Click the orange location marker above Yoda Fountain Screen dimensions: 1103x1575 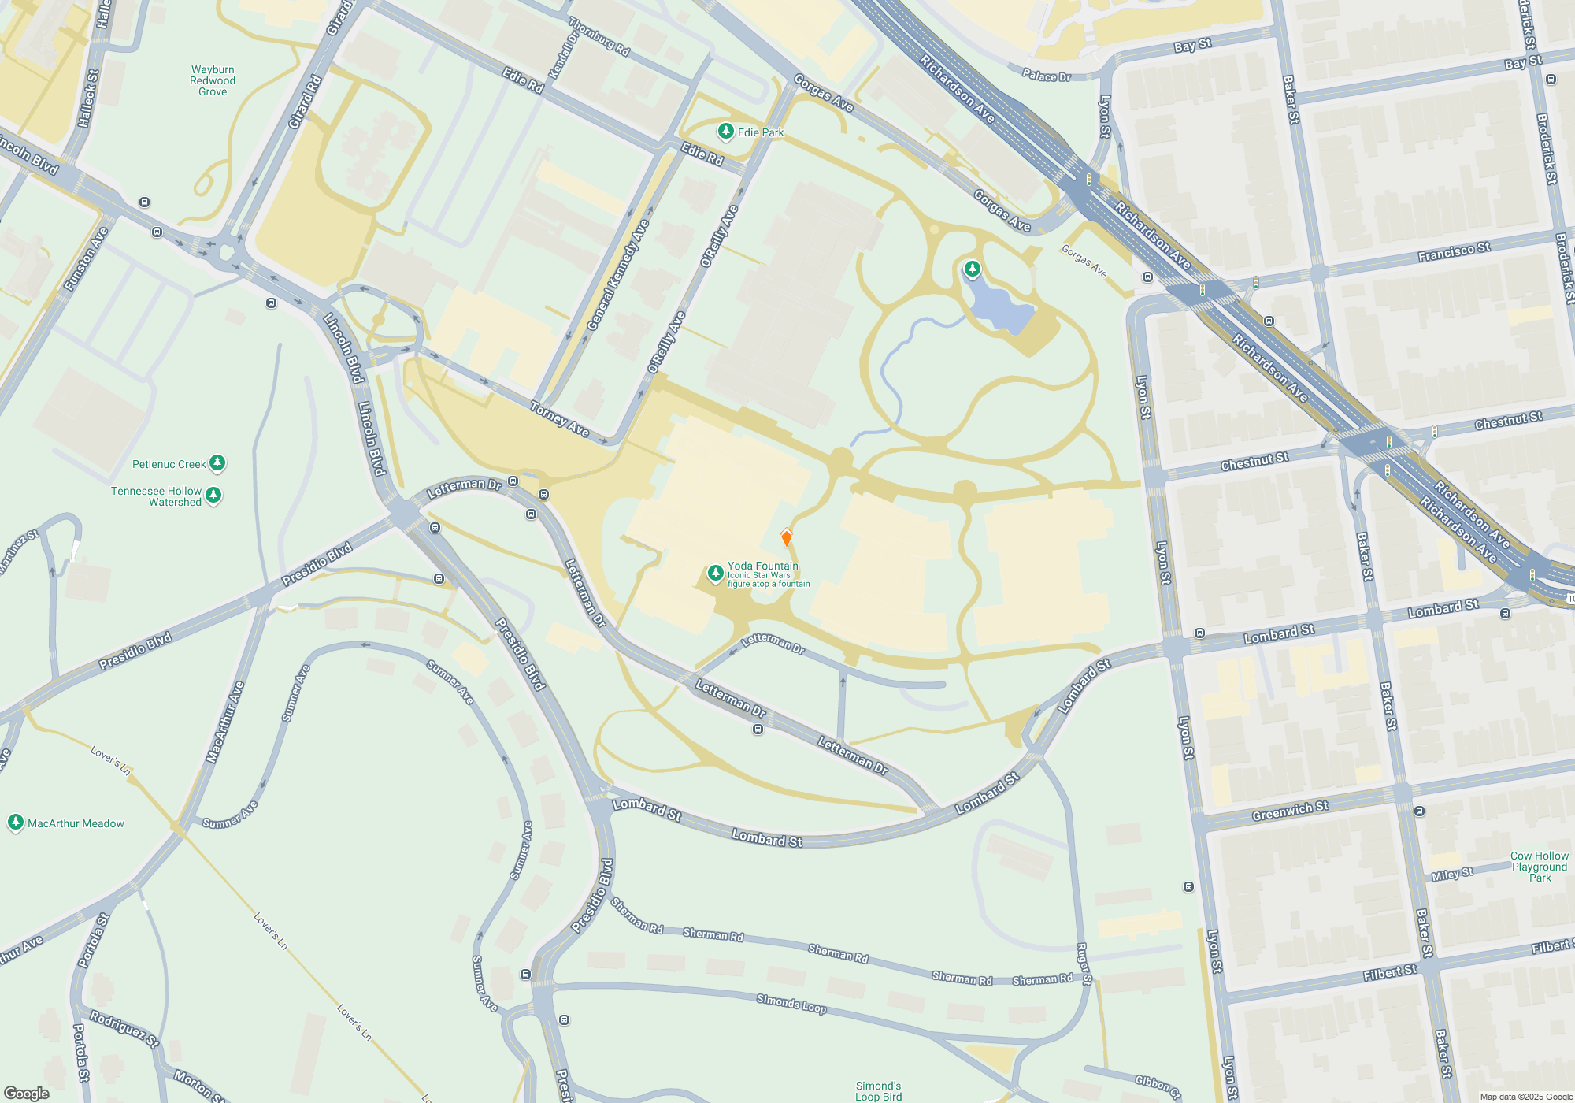pos(786,537)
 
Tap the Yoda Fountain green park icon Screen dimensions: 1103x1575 pos(715,574)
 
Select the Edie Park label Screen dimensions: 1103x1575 pos(760,132)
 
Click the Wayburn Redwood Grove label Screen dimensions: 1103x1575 pos(213,80)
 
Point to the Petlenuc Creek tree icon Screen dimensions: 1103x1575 pos(217,463)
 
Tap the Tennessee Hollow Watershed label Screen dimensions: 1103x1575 pos(157,496)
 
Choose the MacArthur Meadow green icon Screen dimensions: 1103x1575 pos(15,823)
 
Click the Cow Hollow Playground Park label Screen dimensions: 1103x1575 pos(1539,867)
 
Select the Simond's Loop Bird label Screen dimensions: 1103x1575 pos(878,1091)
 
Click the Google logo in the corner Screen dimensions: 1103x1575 pos(27,1093)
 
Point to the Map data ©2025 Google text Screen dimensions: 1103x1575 pos(1525,1097)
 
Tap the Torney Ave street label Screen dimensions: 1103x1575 pos(560,419)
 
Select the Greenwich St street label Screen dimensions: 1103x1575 pos(1290,811)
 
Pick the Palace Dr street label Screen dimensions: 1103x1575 pos(1047,76)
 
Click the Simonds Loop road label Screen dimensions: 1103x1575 pos(791,1004)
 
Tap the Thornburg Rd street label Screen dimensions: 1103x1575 pos(599,36)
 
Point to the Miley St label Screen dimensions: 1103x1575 pos(1452,875)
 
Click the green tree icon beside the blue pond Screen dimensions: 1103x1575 pos(973,269)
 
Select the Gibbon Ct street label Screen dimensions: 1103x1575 pos(1158,1086)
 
